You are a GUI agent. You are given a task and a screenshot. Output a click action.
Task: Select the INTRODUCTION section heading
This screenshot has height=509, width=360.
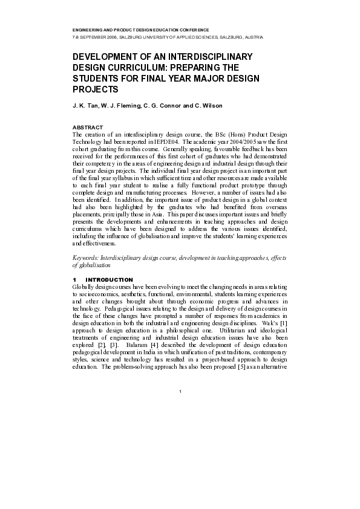pyautogui.click(x=110, y=279)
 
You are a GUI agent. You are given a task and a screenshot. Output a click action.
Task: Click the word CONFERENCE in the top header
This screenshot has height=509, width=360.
pyautogui.click(x=191, y=30)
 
